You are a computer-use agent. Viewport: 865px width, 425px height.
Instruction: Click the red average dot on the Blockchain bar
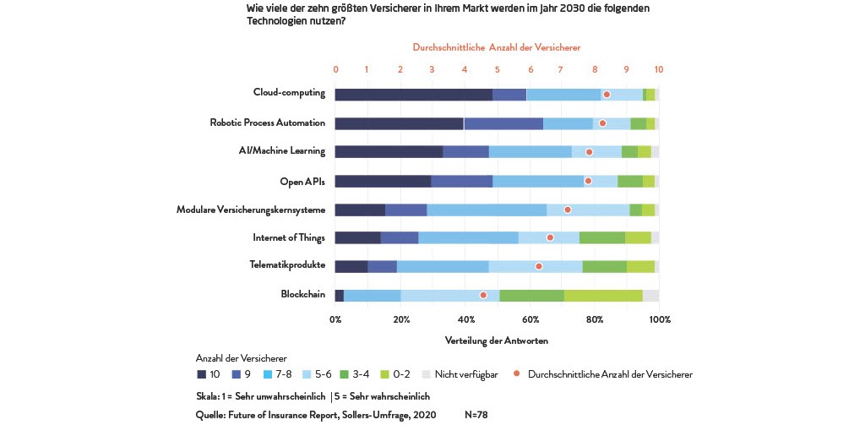[483, 295]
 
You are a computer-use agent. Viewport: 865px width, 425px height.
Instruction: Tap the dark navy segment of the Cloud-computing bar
[414, 95]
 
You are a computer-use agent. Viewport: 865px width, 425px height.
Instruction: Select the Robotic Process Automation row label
[268, 123]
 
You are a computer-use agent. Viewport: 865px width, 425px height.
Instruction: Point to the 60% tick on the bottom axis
[530, 319]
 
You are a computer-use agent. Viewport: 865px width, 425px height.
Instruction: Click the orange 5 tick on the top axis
[497, 69]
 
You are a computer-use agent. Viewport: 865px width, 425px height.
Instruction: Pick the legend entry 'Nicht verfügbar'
[466, 374]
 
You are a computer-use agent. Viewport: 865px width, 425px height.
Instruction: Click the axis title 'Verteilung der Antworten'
[497, 341]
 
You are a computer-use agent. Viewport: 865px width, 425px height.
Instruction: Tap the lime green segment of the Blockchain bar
[603, 295]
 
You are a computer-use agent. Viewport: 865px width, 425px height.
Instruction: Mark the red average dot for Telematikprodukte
[539, 267]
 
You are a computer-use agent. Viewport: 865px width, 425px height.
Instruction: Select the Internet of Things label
[289, 237]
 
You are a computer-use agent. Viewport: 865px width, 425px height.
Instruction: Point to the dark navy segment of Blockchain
[340, 295]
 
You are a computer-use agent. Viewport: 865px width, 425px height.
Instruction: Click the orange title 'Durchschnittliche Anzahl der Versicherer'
[497, 47]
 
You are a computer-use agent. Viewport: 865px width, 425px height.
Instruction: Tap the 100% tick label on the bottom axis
[659, 319]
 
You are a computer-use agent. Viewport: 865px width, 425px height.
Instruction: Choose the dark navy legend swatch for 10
[201, 374]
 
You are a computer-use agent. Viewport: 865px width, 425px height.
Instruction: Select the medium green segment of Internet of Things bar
[601, 238]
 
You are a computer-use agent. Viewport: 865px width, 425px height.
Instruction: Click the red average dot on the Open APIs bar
[588, 181]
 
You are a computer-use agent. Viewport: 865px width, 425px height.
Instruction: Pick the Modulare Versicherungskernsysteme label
[251, 210]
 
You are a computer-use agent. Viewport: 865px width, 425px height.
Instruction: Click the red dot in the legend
[516, 374]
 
